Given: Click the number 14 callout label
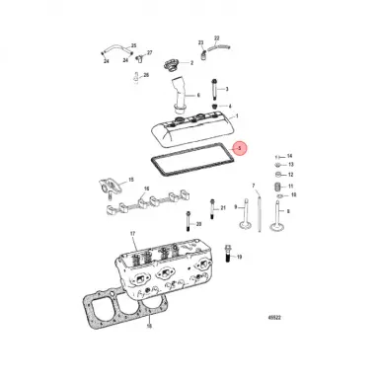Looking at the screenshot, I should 289,156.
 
